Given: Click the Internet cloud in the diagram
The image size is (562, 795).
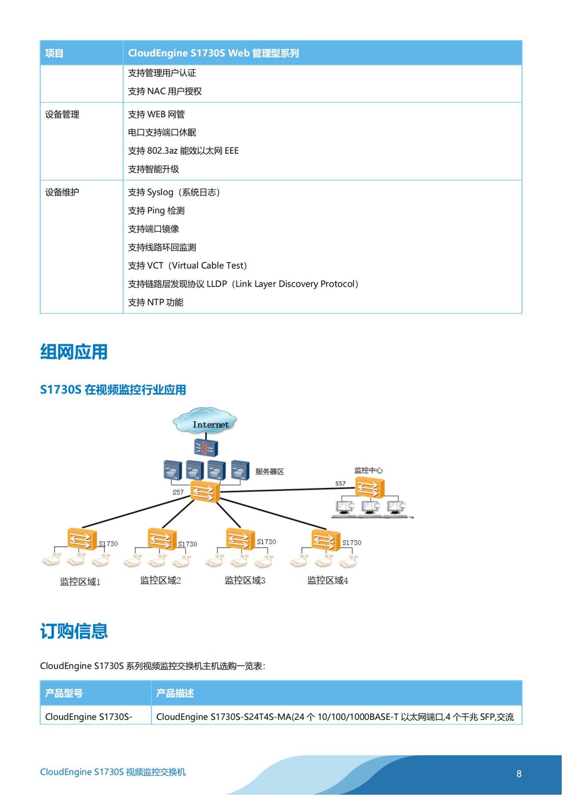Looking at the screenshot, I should (205, 421).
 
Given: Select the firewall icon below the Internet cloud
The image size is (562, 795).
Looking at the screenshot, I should (206, 448).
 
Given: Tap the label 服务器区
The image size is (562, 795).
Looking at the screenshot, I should (270, 471).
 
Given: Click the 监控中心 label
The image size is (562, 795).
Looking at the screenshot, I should (368, 470).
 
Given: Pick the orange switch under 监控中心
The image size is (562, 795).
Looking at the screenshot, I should (370, 488).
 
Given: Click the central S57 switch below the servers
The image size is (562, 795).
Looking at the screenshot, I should (205, 491).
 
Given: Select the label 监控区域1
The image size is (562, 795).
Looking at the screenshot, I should (80, 582).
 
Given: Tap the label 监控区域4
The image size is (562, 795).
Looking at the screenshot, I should (328, 580).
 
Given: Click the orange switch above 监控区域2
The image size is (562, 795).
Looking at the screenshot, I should (162, 539).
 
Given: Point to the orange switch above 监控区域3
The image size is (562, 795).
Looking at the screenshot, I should (240, 539).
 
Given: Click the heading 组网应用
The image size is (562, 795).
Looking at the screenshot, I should (74, 352).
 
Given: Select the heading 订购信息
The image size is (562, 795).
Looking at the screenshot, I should (74, 631).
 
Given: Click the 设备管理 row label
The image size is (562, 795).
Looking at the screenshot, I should (62, 115).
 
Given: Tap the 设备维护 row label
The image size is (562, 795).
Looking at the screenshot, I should (62, 192).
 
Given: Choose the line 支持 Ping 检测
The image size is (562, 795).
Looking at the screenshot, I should (156, 211).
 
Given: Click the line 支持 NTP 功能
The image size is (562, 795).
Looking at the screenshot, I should (155, 302).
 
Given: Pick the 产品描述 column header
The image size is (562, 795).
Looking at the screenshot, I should (175, 693).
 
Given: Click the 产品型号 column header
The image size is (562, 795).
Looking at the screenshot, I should (64, 693).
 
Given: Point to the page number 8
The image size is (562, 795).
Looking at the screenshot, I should (519, 773).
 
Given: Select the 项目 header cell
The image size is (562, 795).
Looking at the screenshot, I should (54, 54).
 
